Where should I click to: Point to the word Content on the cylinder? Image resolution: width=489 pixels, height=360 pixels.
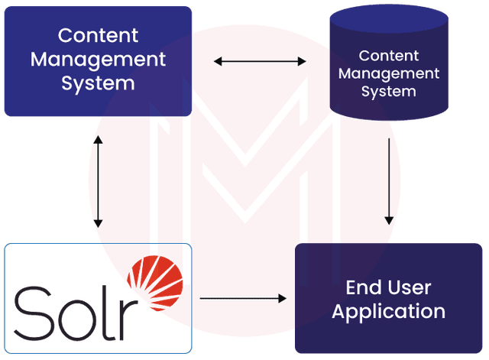coord(388,56)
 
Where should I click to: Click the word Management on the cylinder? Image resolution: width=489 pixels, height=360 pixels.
coord(388,73)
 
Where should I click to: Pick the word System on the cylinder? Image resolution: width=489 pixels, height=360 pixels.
coord(388,91)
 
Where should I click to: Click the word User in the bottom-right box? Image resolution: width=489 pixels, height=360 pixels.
coord(410,288)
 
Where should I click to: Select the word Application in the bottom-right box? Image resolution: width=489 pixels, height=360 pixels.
coord(388,312)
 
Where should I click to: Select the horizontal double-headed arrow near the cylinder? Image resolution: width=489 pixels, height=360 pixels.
coord(260,60)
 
